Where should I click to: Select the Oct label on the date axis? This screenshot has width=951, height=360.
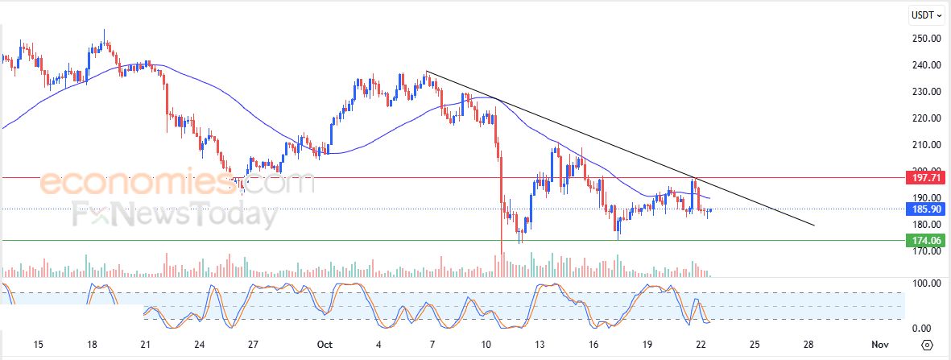(325, 345)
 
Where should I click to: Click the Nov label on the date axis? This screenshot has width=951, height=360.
(879, 345)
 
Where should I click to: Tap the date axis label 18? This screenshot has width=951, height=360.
(93, 345)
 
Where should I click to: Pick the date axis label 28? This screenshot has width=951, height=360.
(808, 345)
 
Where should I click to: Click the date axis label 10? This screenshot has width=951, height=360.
(486, 345)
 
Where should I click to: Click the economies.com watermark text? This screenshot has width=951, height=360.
(177, 184)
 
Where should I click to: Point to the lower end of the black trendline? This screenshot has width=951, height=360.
(814, 225)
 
